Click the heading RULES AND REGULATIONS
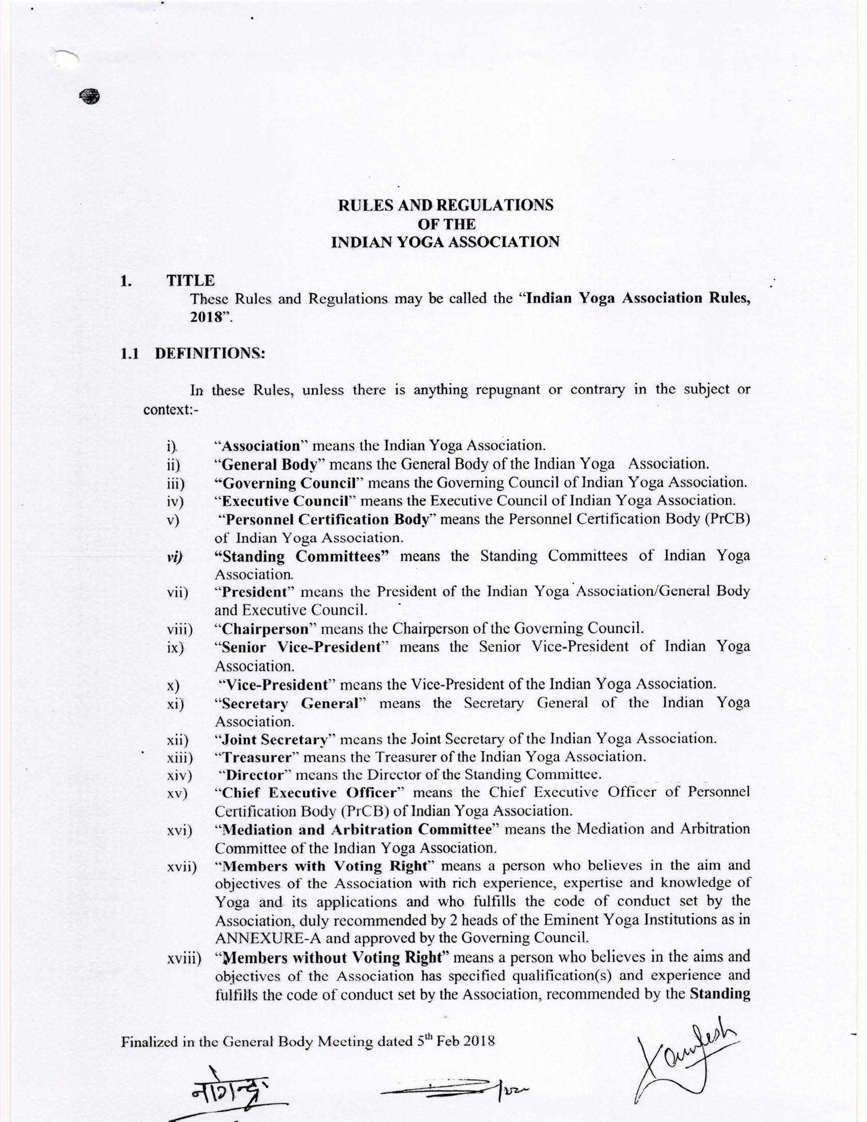click(446, 205)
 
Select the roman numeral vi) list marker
click(176, 557)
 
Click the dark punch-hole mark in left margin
click(89, 96)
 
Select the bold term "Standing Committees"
click(303, 556)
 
